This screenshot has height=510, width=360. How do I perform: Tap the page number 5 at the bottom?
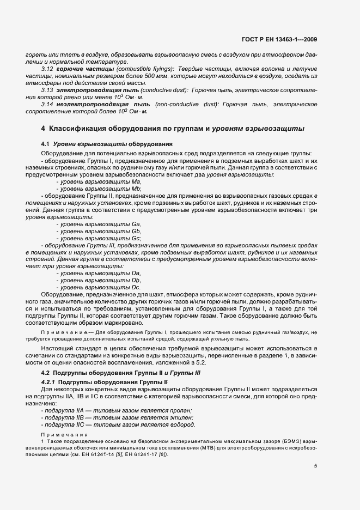coord(316,466)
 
